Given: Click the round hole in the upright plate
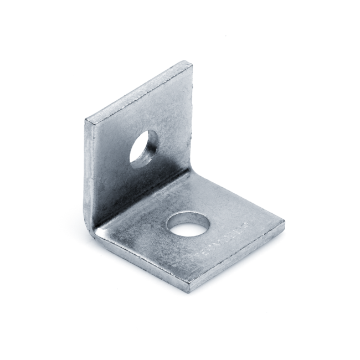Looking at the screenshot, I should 144,148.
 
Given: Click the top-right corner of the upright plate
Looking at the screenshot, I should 191,64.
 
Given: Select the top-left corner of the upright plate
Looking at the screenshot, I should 86,120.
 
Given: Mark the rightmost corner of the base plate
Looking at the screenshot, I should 284,224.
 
